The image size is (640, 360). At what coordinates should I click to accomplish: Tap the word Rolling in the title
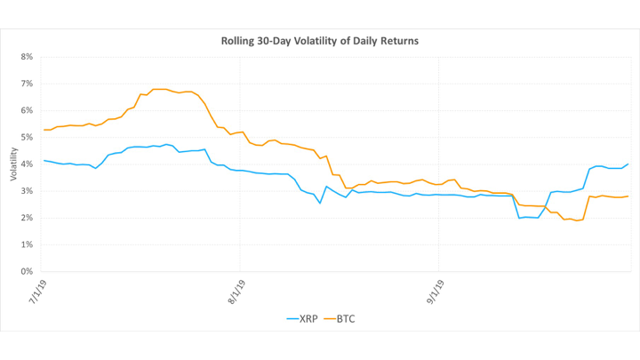click(239, 41)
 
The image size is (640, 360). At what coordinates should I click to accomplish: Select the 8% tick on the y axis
click(27, 57)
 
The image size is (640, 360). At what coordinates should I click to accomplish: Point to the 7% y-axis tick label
click(27, 84)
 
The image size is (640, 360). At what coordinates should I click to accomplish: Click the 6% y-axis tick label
click(27, 110)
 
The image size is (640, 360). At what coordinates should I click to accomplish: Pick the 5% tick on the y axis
click(27, 137)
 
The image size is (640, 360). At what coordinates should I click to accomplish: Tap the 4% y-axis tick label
click(27, 164)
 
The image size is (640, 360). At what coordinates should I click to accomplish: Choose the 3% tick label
click(27, 191)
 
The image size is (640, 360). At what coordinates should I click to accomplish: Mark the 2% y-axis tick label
click(27, 218)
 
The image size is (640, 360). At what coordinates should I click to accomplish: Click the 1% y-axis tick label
click(27, 244)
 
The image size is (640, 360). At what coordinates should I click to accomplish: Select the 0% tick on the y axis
click(27, 271)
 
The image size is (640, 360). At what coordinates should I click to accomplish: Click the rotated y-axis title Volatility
click(13, 164)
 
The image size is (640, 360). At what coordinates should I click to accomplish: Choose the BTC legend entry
click(348, 317)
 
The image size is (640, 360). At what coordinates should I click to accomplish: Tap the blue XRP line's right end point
click(629, 164)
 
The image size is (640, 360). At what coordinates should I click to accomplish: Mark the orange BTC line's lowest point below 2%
click(577, 220)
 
